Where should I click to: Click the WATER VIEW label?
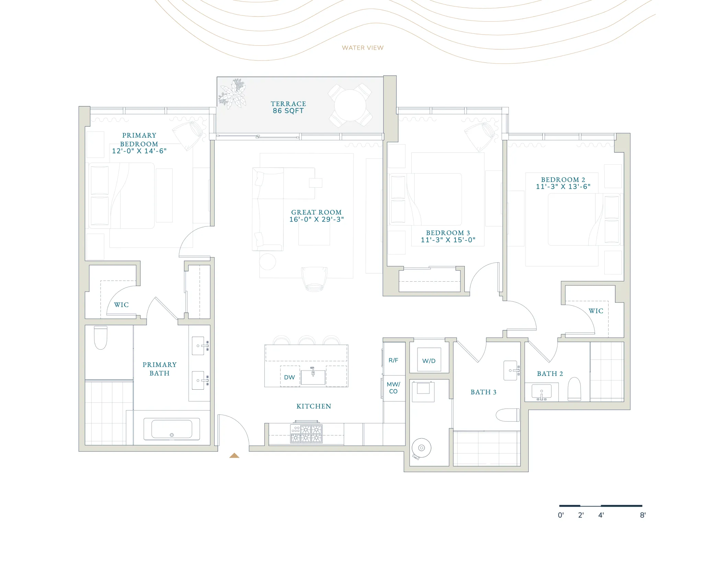pos(362,48)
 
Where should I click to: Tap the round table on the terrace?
pos(350,105)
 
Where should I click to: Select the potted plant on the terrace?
pos(233,93)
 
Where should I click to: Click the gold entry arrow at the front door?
pos(234,456)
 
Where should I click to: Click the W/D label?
pos(429,361)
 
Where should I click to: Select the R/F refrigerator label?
pos(393,360)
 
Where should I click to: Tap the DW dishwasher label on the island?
pos(289,377)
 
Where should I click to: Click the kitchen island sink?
pos(313,377)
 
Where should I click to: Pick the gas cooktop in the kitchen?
pos(306,434)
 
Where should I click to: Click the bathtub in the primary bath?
pos(172,429)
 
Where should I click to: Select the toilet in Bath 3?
pos(508,415)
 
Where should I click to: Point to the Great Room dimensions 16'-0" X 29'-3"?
pos(316,220)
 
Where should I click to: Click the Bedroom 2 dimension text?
pos(563,187)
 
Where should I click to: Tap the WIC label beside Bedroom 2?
pos(596,311)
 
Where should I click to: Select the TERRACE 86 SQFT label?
pos(288,107)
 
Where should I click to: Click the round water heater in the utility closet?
pos(422,448)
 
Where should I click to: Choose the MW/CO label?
pos(393,388)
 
